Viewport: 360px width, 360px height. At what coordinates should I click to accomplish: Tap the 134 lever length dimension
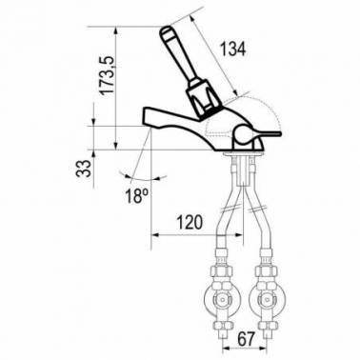pyautogui.click(x=233, y=50)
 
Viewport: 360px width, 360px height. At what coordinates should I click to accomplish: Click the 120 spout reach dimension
pyautogui.click(x=190, y=222)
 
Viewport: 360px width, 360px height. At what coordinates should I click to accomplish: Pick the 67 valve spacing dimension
pyautogui.click(x=247, y=339)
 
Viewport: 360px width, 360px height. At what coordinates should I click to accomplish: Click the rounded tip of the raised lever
pyautogui.click(x=165, y=31)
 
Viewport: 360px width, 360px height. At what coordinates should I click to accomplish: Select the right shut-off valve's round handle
pyautogui.click(x=264, y=300)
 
